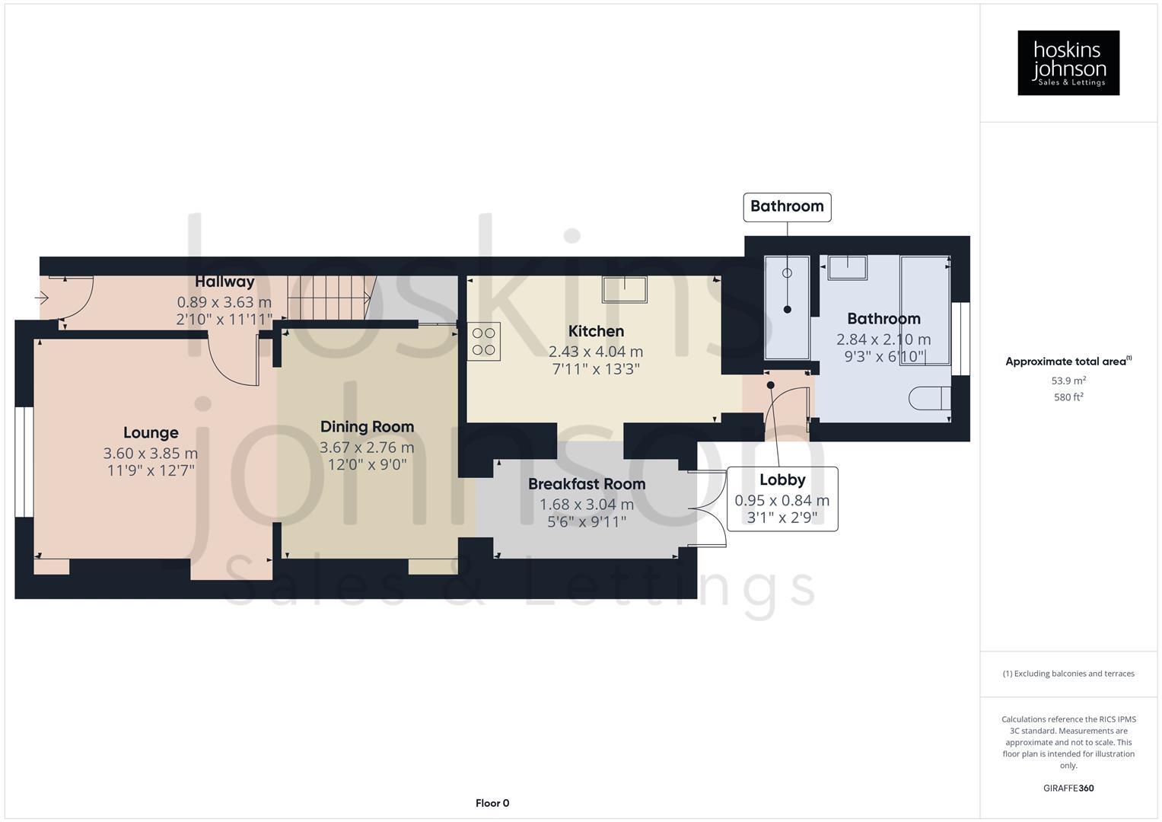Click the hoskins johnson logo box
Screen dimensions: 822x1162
(x=1068, y=63)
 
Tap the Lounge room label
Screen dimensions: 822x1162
(x=151, y=433)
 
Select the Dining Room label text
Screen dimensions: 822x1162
(x=367, y=427)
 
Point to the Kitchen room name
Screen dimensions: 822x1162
(x=596, y=331)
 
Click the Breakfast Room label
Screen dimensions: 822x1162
(x=586, y=484)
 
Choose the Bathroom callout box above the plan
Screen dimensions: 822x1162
(x=786, y=206)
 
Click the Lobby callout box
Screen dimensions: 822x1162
(x=782, y=499)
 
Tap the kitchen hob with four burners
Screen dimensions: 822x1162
(x=484, y=342)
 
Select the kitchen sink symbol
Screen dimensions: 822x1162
(x=625, y=290)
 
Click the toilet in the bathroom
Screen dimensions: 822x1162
(x=929, y=398)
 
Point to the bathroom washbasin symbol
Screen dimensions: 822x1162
(x=847, y=268)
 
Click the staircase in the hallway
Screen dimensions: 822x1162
(x=332, y=298)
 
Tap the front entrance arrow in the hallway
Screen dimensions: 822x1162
(x=43, y=297)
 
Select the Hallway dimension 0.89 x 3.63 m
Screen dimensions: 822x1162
(x=224, y=301)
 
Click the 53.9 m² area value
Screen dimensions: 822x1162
(x=1068, y=381)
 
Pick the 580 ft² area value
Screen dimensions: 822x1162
(x=1068, y=397)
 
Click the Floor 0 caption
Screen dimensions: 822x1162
(x=492, y=803)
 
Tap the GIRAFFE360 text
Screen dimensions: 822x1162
(x=1068, y=789)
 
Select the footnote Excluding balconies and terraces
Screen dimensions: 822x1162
(x=1068, y=674)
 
